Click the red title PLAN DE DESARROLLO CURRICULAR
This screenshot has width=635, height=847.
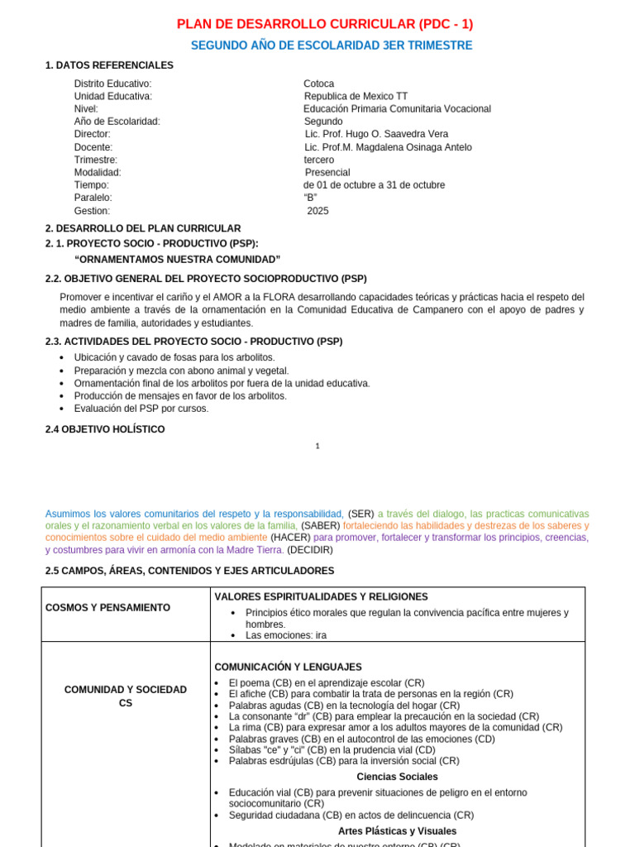325,24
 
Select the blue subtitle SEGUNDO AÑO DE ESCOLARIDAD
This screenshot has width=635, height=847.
332,45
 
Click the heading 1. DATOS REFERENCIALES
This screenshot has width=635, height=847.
109,65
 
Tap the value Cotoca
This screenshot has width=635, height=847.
319,84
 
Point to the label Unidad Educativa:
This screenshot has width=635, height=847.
113,96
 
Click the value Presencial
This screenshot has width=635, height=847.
327,172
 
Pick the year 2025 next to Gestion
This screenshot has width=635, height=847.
317,211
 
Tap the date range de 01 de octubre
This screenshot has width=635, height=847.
374,185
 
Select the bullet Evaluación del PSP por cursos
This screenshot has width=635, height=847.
141,409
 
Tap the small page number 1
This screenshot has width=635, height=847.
317,446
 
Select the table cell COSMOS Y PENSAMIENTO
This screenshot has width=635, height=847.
107,608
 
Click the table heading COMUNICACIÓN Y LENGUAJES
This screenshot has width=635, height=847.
288,667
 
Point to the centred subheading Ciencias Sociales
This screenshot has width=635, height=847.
397,777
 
